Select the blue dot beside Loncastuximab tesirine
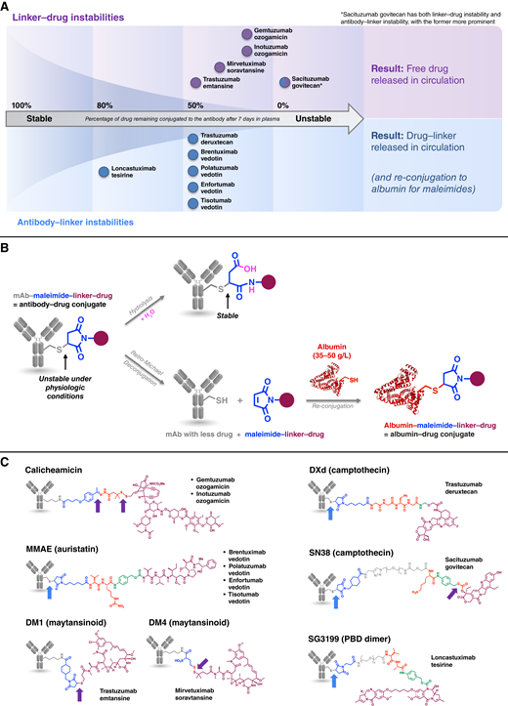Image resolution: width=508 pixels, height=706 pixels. point(103,173)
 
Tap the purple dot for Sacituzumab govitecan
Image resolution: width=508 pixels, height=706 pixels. point(283,82)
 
